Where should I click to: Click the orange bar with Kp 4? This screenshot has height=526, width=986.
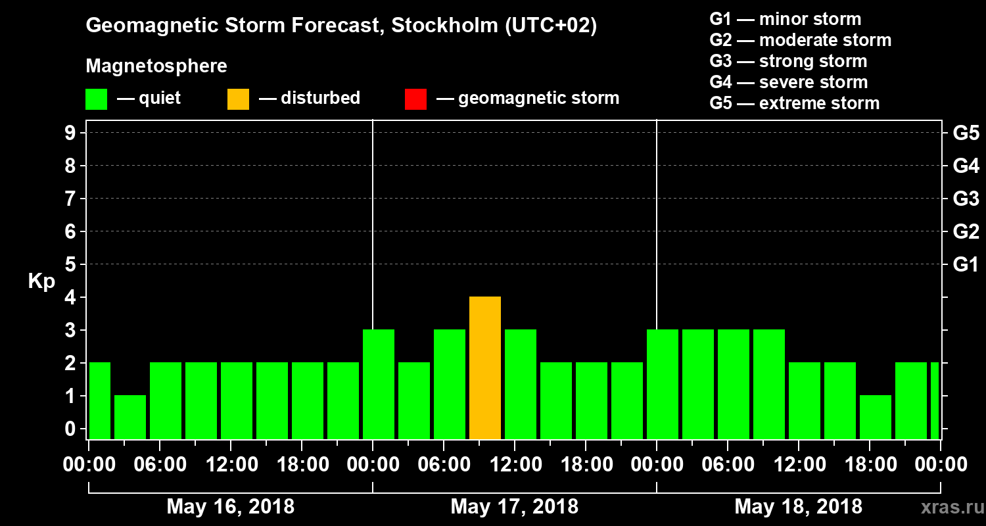click(485, 368)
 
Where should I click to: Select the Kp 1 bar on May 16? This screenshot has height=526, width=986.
click(130, 417)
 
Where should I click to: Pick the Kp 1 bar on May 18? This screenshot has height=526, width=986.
click(876, 417)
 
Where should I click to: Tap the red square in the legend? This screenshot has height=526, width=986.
click(415, 99)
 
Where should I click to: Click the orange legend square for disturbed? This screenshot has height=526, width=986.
click(238, 99)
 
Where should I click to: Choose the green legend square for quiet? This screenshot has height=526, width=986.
click(96, 99)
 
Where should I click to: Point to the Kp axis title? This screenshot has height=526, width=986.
click(41, 281)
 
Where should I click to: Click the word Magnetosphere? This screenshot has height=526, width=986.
click(156, 66)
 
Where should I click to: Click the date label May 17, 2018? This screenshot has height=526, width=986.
click(515, 507)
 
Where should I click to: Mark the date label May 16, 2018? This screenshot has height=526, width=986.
click(231, 507)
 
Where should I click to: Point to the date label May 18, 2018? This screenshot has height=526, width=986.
click(798, 507)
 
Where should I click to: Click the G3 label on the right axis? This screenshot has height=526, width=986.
click(966, 199)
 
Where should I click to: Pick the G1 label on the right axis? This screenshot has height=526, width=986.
click(966, 264)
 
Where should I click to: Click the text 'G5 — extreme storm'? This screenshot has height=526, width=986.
click(794, 103)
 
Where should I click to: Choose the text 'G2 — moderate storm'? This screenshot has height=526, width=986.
click(800, 40)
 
